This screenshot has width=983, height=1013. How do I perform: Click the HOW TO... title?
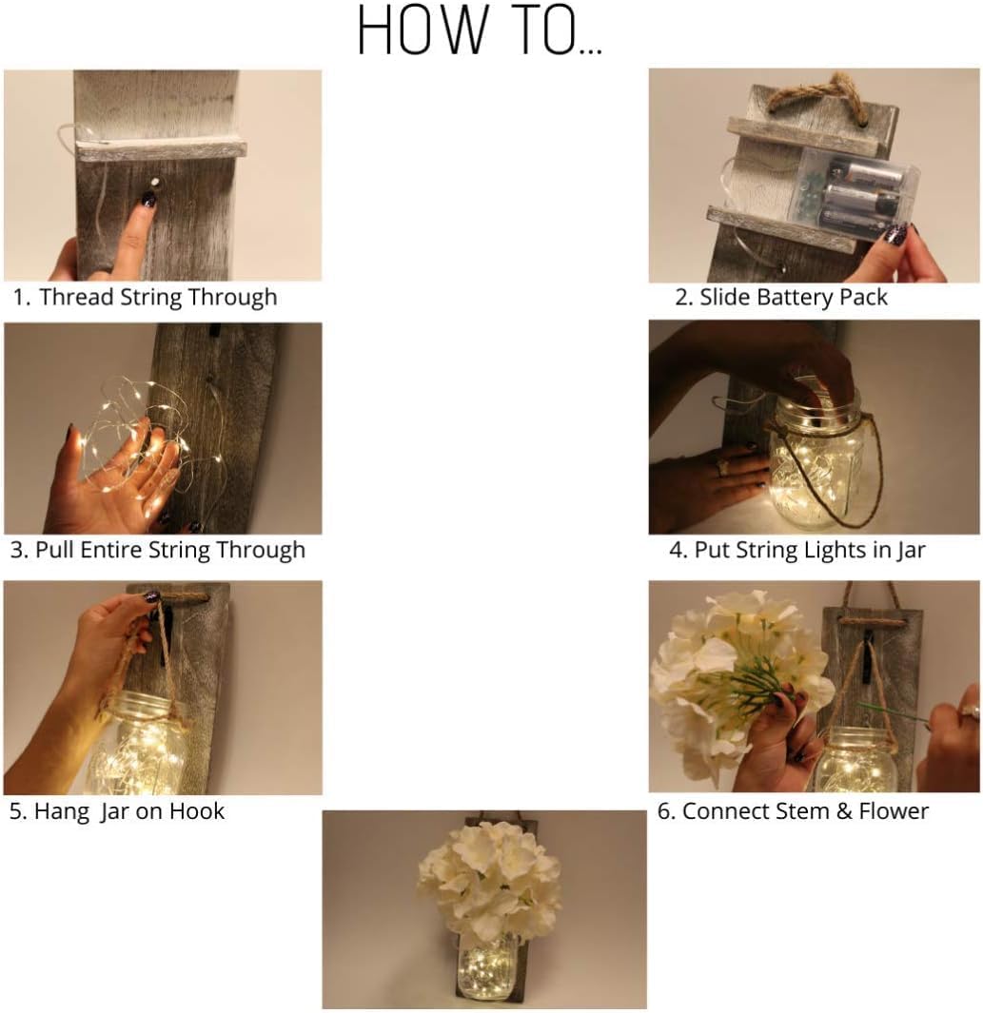480,30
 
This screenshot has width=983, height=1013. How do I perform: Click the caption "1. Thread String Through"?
146,297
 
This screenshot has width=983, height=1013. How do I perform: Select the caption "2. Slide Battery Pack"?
781,297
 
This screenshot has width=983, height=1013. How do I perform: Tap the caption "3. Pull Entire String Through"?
158,550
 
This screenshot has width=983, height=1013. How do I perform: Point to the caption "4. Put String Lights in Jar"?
797,550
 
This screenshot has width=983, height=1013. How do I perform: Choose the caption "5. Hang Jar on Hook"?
117,811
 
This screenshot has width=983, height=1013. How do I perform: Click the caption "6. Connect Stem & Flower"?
793,811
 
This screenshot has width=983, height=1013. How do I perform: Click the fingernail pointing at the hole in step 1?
149,199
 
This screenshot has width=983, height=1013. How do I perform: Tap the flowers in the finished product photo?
489,886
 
